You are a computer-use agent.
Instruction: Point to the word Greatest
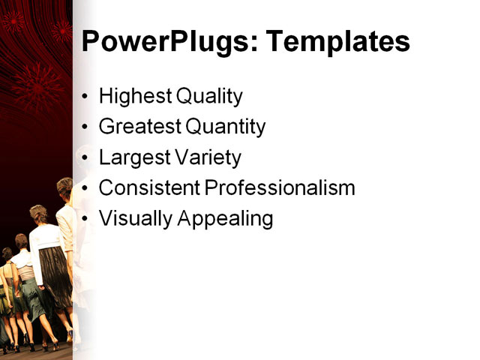139,127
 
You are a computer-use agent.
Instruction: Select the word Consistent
148,188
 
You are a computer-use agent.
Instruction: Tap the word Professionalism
280,188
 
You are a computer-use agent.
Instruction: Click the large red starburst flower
37,86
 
